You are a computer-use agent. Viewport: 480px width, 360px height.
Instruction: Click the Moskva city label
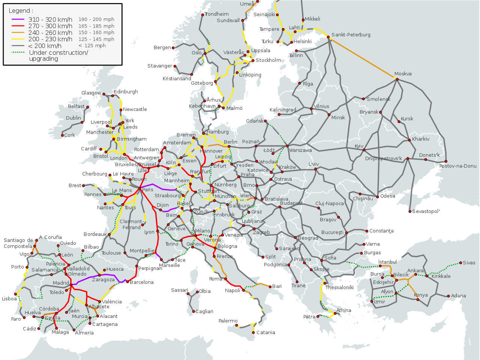[x=403, y=74]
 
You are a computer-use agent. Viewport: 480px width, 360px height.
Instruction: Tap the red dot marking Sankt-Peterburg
[x=328, y=37]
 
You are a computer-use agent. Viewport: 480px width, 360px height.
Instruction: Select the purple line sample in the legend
[x=18, y=19]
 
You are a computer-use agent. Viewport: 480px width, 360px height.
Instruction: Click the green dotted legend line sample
[x=18, y=52]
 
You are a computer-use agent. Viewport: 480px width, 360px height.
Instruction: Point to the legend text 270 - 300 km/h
[x=50, y=26]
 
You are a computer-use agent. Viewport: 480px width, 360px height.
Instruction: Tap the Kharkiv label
[x=421, y=139]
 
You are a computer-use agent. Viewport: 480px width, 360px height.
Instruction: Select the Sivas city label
[x=469, y=263]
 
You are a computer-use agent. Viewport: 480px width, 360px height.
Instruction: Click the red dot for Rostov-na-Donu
[x=446, y=162]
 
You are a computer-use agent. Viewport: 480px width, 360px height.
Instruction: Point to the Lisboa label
[x=9, y=299]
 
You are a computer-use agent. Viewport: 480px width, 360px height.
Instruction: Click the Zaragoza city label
[x=103, y=280]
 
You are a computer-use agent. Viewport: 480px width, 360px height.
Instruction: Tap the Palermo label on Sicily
[x=228, y=321]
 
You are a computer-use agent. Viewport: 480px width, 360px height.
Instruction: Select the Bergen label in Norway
[x=162, y=48]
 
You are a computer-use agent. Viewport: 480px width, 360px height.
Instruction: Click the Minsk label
[x=338, y=118]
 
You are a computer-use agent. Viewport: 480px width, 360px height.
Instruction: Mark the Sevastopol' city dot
[x=410, y=211]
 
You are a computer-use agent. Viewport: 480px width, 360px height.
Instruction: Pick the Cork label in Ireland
[x=69, y=135]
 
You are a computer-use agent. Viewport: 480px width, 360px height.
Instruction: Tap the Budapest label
[x=291, y=203]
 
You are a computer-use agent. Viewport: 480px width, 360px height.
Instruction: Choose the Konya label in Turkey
[x=421, y=295]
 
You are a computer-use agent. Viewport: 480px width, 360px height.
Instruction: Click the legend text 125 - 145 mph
[x=96, y=39]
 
